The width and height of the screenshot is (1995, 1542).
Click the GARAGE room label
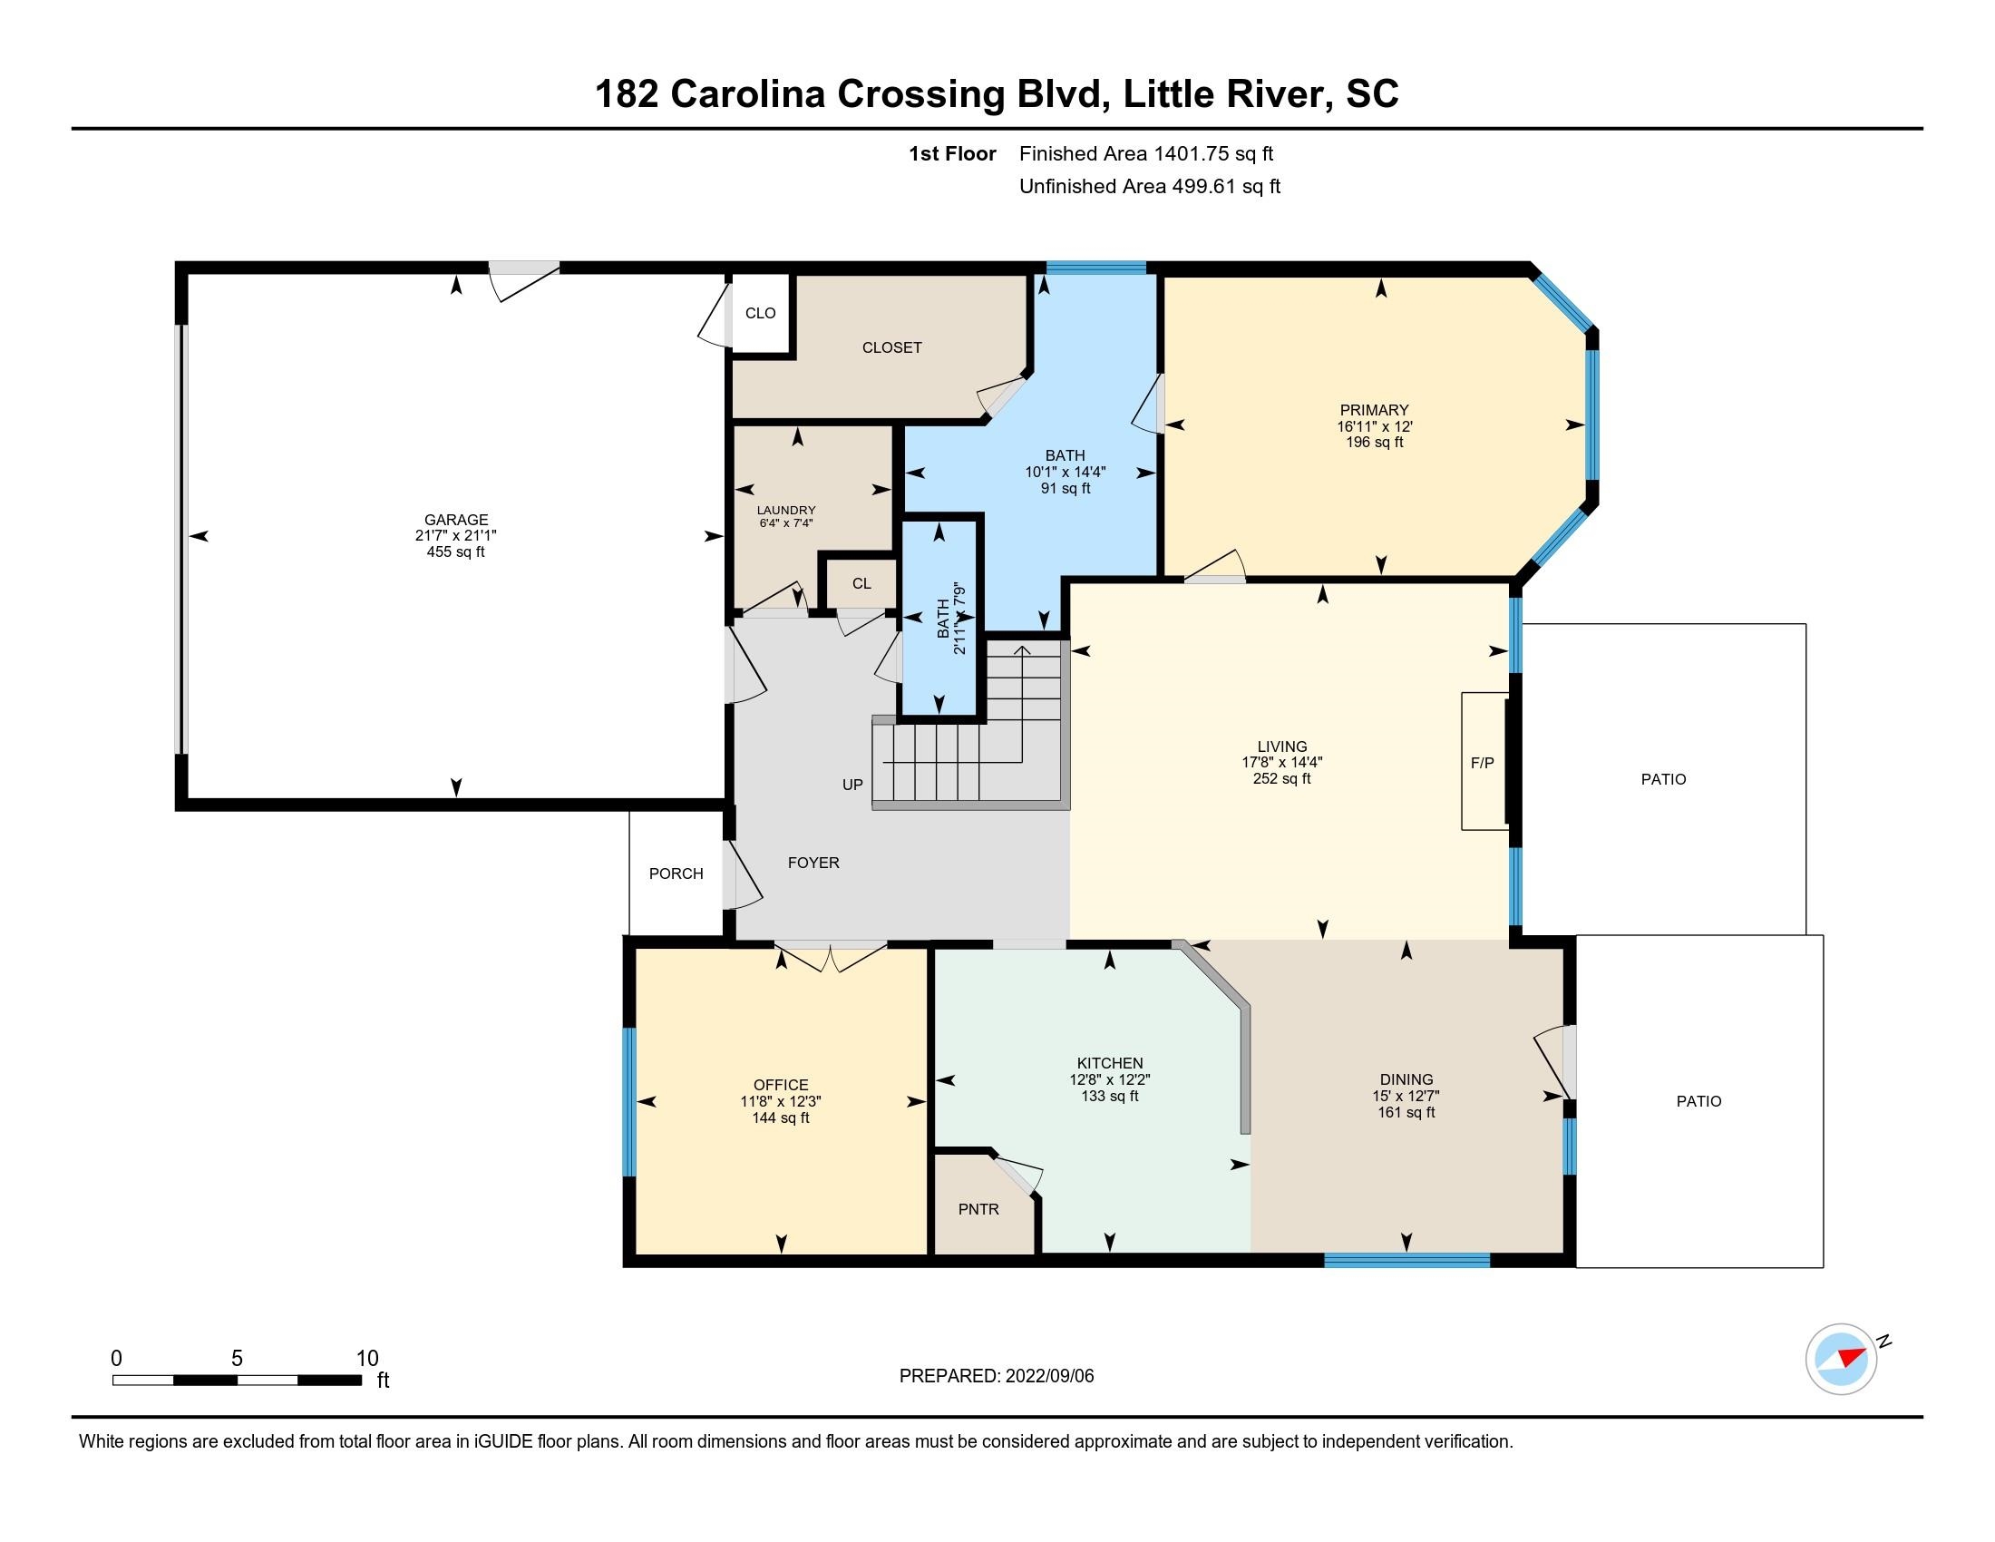[x=456, y=520]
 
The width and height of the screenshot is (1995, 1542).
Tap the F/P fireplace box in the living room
[x=1484, y=762]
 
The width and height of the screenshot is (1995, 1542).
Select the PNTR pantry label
[x=978, y=1208]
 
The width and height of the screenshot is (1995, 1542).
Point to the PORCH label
[x=676, y=873]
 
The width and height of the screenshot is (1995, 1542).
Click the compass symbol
[x=1842, y=1360]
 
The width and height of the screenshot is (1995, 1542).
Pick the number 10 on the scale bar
[x=367, y=1358]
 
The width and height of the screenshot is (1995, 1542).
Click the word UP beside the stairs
[x=852, y=785]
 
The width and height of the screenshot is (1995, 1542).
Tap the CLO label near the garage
[x=760, y=313]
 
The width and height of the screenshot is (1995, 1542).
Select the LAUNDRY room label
[x=785, y=511]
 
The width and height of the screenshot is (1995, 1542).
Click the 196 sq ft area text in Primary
[x=1374, y=442]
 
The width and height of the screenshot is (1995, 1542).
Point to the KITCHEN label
[x=1110, y=1063]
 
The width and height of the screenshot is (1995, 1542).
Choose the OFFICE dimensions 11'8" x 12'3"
[x=781, y=1102]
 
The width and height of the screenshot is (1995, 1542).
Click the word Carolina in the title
[x=748, y=94]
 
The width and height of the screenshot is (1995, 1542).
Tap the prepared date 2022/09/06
[x=1048, y=1376]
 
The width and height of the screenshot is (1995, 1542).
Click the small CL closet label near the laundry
[x=861, y=584]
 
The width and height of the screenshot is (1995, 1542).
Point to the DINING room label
[x=1406, y=1079]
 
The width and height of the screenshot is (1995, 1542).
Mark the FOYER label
[x=813, y=863]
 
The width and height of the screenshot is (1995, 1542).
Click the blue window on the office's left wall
[x=628, y=1103]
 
